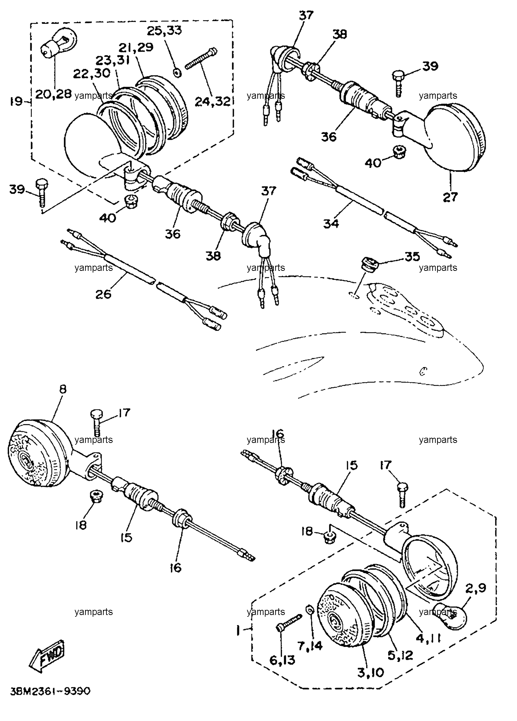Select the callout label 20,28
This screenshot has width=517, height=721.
point(54,94)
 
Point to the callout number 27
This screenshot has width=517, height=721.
point(451,197)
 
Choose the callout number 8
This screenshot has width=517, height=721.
point(63,389)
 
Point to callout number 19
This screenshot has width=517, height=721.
point(16,102)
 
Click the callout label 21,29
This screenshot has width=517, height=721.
point(137,47)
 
